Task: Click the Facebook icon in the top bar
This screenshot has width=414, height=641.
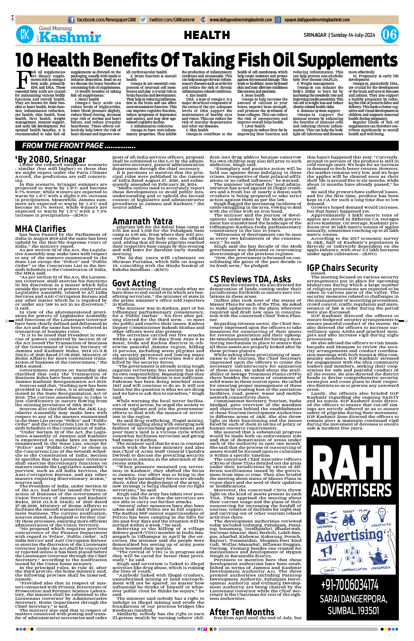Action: coord(71,20)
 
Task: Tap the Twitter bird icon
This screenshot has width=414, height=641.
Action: coord(143,20)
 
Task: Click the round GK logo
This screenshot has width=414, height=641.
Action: coord(25,35)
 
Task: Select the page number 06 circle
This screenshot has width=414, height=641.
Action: coord(389,35)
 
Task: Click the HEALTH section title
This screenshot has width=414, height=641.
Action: coord(207,35)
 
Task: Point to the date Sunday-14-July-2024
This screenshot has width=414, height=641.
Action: coord(353,35)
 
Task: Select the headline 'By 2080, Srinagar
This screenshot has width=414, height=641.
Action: coord(50,159)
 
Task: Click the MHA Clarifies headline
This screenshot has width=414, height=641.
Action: coord(40,229)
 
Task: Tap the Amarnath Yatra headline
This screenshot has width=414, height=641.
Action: coord(143,221)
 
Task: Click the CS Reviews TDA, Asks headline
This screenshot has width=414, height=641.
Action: coord(250,279)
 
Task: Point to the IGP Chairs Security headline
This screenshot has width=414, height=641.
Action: coord(342,268)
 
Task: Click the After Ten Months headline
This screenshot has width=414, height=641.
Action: coord(242,612)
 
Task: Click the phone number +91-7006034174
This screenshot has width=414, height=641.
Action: coord(350,585)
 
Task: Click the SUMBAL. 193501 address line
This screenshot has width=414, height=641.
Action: coord(353,610)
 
